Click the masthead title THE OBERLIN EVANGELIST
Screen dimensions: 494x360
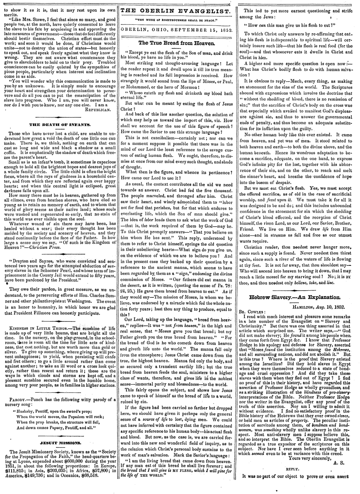point(176,12)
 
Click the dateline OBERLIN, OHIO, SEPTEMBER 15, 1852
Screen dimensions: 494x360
point(176,30)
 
